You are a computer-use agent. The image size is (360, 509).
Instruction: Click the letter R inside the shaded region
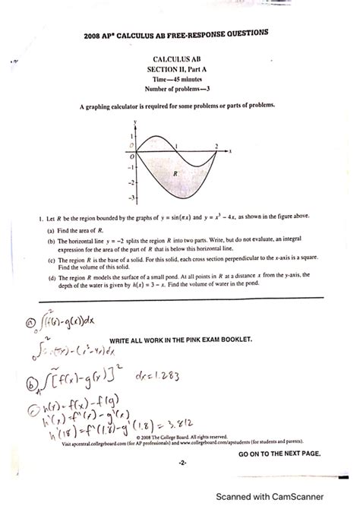[175, 173]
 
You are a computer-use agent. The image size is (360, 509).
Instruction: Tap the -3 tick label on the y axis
[130, 198]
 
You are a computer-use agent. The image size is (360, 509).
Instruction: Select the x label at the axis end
[230, 151]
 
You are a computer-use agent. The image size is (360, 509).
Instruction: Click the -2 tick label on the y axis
[130, 182]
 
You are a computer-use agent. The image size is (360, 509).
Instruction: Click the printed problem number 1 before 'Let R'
[28, 217]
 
